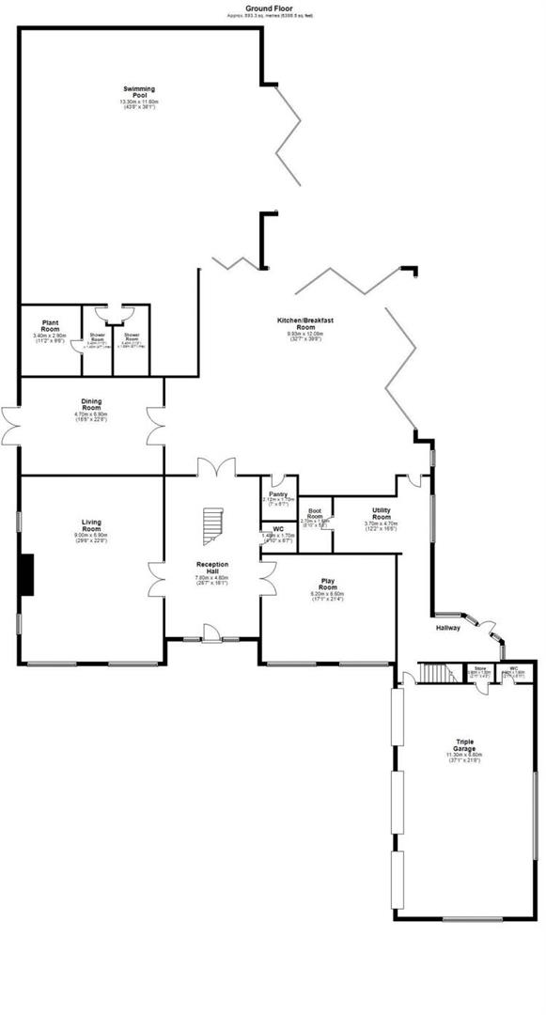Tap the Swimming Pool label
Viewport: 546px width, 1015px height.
(138, 92)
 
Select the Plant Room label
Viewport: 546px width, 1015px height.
(46, 327)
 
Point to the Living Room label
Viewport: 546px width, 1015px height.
(91, 524)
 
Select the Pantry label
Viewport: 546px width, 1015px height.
(278, 494)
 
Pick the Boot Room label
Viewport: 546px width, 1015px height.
(316, 514)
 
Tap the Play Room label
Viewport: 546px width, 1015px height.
(328, 585)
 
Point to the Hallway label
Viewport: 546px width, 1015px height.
(447, 627)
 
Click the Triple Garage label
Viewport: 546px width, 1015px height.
(463, 743)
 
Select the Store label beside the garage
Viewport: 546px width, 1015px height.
(479, 669)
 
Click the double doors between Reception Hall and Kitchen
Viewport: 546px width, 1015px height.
(215, 466)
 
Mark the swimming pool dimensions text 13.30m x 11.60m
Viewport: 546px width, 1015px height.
(138, 101)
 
